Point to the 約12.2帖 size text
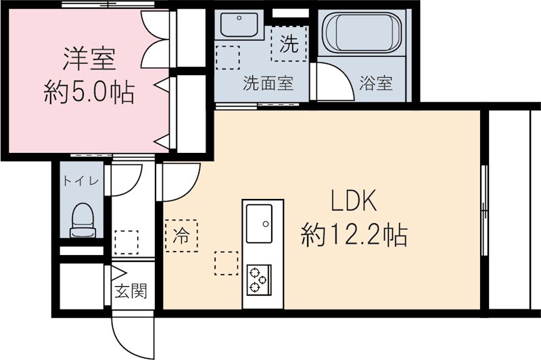(x=354, y=235)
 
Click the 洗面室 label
(x=268, y=85)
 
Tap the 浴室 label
(x=377, y=85)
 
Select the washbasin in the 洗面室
(x=237, y=26)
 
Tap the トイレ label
(x=82, y=181)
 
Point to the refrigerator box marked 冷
(x=181, y=235)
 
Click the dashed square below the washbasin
(x=228, y=55)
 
